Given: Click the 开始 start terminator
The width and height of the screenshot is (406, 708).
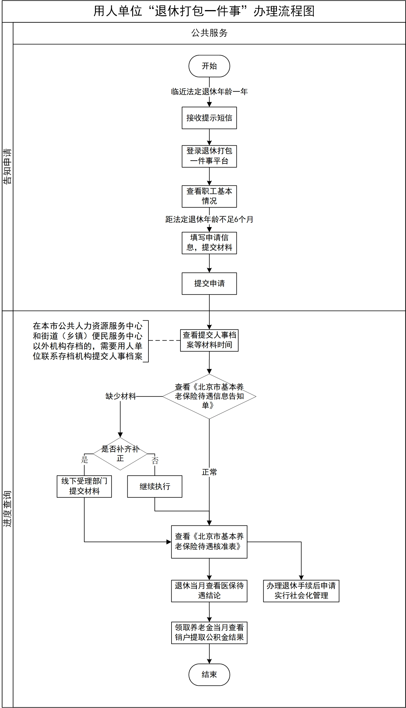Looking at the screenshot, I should (209, 66).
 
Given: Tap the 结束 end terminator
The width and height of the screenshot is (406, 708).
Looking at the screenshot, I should (209, 675).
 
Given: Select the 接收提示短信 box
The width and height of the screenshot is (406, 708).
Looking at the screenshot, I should (209, 118).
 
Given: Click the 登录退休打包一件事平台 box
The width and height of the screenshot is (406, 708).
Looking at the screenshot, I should (209, 156).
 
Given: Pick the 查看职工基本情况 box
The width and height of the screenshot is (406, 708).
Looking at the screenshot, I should (209, 196).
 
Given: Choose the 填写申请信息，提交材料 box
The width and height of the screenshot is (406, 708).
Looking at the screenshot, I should (209, 243).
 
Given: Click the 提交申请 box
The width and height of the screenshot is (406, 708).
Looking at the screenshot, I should (209, 283).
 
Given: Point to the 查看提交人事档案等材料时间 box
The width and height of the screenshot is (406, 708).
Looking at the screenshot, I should (209, 340).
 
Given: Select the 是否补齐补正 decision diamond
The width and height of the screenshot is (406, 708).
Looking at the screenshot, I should (120, 454).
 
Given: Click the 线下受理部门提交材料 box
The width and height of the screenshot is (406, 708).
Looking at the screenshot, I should (84, 486).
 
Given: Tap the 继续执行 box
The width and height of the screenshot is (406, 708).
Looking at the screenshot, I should (154, 486).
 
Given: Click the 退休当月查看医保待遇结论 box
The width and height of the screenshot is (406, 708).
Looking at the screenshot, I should (209, 591).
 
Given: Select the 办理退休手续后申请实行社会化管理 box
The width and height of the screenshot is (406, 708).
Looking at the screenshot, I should (301, 591).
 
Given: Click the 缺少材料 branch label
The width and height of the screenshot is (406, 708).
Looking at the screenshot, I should (121, 396).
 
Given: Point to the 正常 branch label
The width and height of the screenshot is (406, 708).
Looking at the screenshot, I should (209, 472).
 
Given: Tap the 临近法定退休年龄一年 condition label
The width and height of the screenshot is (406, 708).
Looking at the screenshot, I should (209, 92).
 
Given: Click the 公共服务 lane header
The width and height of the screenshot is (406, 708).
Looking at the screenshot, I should (209, 33).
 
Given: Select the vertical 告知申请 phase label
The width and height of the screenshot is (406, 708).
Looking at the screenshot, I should (8, 166).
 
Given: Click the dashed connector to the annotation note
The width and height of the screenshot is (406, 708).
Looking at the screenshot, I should (164, 340).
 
